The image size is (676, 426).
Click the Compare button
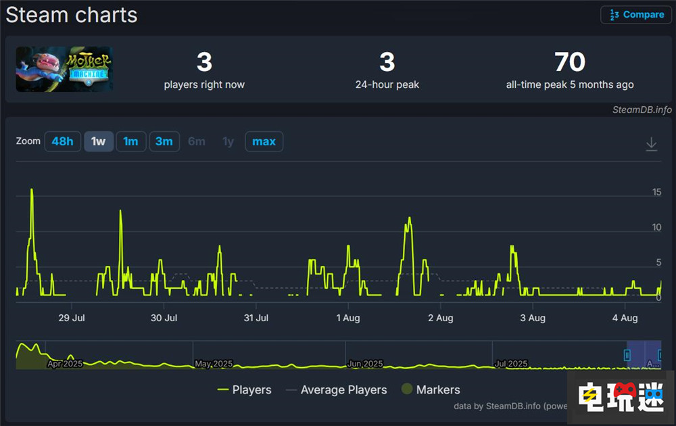click(x=636, y=15)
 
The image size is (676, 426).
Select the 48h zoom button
click(x=62, y=141)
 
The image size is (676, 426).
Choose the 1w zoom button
click(x=99, y=141)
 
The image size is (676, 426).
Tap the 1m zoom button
click(x=130, y=141)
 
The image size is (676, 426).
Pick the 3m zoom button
click(x=164, y=141)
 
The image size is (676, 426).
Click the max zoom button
click(x=264, y=141)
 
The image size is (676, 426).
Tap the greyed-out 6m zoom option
click(x=197, y=141)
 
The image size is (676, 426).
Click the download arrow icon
click(x=651, y=143)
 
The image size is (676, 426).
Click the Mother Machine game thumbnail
click(x=64, y=69)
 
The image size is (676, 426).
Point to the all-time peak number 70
click(x=570, y=62)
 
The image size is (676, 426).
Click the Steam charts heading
click(x=72, y=15)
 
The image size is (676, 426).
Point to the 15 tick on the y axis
click(x=656, y=192)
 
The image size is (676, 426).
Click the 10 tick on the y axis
click(x=656, y=227)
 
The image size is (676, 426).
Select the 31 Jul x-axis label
click(x=256, y=318)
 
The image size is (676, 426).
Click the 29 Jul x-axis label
click(x=71, y=318)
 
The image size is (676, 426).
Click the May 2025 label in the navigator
click(x=214, y=364)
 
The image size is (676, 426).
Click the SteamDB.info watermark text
click(x=642, y=110)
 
